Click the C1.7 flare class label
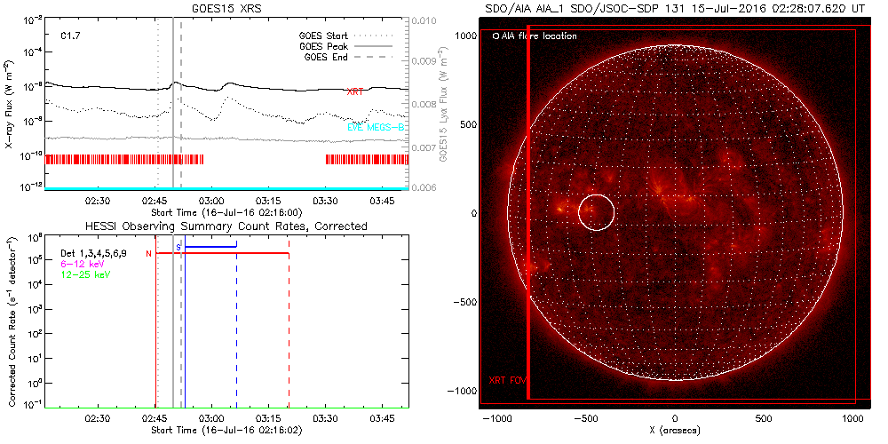[72, 36]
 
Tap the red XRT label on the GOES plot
[354, 91]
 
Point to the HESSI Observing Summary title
[226, 226]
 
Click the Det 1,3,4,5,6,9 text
[99, 254]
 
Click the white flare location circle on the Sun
[596, 212]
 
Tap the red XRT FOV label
[508, 380]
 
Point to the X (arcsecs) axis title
[676, 430]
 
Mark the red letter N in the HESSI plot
[149, 254]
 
